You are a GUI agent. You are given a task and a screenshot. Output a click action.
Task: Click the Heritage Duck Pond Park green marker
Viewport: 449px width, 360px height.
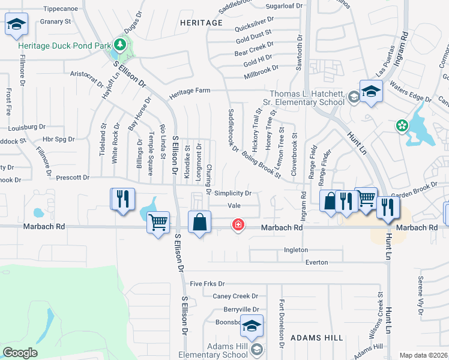coord(120,44)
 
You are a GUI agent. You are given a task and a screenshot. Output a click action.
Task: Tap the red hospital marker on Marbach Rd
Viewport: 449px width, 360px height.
coord(238,225)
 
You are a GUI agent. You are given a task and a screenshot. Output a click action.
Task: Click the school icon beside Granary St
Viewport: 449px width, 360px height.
coord(17,25)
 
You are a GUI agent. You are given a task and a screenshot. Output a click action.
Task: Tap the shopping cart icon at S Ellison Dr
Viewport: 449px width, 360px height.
coord(158,223)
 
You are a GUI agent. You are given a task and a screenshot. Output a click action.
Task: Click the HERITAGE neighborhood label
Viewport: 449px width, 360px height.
coord(201,22)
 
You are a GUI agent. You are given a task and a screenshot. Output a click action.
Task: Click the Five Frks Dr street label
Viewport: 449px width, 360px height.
coord(207,283)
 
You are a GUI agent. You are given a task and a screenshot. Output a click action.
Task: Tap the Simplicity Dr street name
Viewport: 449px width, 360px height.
coord(232,193)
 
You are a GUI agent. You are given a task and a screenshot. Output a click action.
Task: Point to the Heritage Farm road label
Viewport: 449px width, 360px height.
coord(190,91)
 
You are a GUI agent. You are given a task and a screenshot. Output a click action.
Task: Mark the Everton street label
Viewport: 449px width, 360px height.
coord(316,262)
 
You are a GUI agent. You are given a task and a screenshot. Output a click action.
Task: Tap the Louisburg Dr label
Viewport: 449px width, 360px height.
coord(27,127)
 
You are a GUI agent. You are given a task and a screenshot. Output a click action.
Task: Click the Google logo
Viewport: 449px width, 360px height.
coord(20,352)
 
